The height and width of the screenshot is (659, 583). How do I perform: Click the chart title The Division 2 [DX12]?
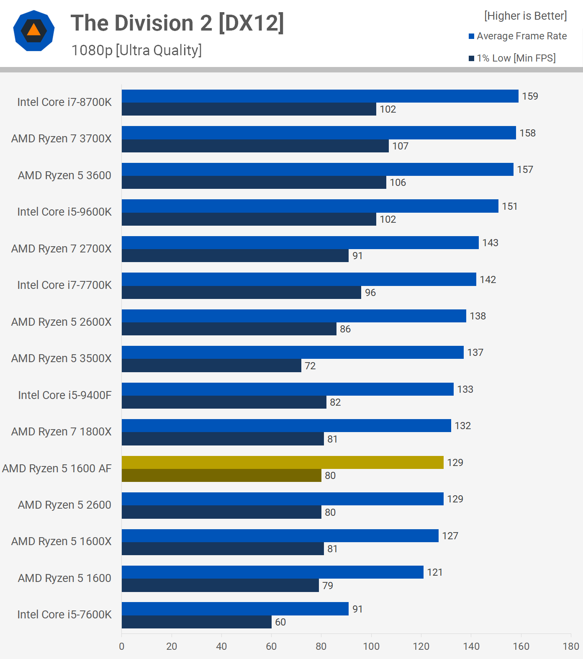click(177, 23)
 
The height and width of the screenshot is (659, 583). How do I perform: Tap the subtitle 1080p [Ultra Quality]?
click(136, 50)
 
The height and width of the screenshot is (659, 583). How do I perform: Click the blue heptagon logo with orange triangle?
click(34, 31)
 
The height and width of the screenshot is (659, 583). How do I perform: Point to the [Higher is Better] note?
click(525, 16)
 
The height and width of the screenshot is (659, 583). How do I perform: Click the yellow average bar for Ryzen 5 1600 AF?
click(283, 462)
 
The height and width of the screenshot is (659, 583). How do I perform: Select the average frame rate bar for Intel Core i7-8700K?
click(320, 96)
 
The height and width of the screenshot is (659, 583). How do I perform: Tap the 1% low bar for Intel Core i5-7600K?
click(196, 622)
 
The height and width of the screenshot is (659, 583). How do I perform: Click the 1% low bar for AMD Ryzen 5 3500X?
click(211, 366)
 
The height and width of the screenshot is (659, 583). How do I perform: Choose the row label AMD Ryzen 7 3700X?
click(62, 139)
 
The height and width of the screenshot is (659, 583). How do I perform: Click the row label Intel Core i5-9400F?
click(65, 395)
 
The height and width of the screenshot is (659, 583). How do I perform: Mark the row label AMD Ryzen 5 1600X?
click(62, 541)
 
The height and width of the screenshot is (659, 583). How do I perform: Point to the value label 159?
click(530, 96)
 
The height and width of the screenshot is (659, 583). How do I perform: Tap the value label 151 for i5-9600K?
click(509, 206)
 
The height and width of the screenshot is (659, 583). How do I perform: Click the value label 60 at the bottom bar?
click(280, 622)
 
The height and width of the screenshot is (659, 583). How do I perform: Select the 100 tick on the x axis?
click(371, 646)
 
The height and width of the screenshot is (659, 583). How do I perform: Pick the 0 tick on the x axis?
click(122, 646)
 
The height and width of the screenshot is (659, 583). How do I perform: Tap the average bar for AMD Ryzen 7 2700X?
click(300, 243)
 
